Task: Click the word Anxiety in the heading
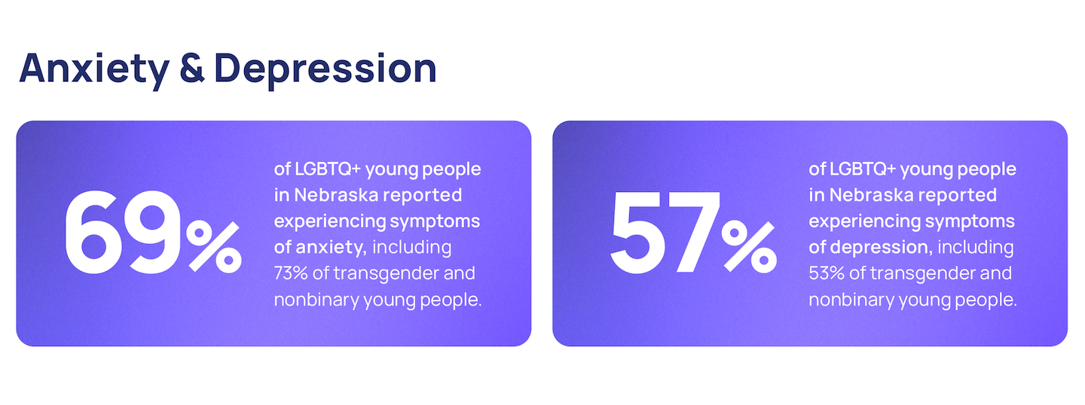[x=94, y=70]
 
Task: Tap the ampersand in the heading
[x=192, y=69]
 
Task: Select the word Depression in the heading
[x=325, y=70]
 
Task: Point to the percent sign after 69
[x=214, y=247]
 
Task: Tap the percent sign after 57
[x=749, y=247]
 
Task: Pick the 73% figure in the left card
[x=291, y=273]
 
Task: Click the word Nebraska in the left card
[x=336, y=195]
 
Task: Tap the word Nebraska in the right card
[x=871, y=195]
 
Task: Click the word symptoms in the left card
[x=435, y=222]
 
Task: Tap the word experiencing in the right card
[x=863, y=222]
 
